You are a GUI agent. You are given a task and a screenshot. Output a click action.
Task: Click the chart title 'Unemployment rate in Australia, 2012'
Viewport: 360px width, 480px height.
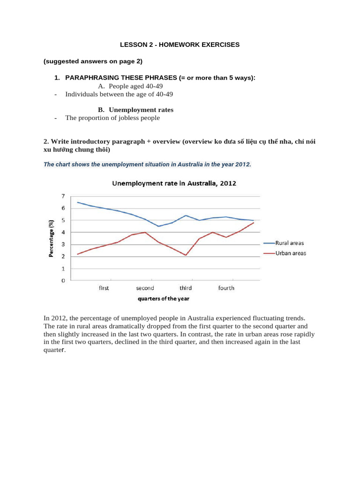[x=174, y=184]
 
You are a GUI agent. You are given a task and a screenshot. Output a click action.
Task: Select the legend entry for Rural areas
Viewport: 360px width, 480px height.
[x=290, y=243]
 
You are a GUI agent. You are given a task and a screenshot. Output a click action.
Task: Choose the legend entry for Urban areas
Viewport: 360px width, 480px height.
[x=291, y=253]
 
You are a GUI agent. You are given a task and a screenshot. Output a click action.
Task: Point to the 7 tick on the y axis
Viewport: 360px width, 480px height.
[x=63, y=196]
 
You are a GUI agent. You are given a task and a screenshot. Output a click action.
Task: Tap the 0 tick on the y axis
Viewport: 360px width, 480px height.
[x=63, y=281]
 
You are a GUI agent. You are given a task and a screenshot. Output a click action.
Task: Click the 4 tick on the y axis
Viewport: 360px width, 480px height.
[x=63, y=232]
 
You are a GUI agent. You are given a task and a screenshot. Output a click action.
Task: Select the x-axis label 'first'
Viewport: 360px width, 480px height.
[x=104, y=288]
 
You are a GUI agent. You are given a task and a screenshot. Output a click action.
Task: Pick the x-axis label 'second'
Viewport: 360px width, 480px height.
[x=145, y=288]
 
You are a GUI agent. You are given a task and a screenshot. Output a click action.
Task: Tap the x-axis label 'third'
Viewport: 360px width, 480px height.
[x=186, y=288]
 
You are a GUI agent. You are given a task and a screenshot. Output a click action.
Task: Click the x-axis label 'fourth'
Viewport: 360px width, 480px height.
[x=226, y=288]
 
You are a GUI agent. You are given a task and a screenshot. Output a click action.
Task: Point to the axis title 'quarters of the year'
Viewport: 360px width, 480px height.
[x=163, y=299]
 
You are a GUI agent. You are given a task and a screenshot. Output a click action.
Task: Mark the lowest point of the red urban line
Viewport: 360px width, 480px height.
[x=186, y=255]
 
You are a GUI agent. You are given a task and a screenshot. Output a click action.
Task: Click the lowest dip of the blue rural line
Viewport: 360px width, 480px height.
[x=158, y=226]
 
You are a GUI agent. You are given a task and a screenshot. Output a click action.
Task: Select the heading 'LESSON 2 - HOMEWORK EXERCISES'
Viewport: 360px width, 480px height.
[x=180, y=45]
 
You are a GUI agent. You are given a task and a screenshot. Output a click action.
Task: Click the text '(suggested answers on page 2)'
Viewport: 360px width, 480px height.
[x=92, y=61]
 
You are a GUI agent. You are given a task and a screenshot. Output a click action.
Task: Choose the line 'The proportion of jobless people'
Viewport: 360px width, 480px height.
[x=112, y=118]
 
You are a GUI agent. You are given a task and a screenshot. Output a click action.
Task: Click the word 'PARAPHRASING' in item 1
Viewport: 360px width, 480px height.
[x=88, y=77]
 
